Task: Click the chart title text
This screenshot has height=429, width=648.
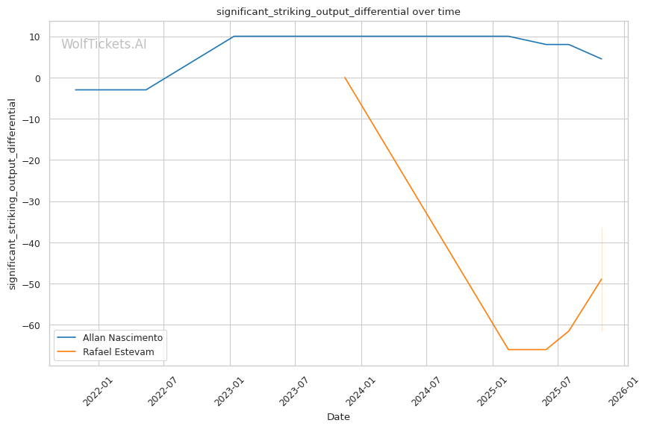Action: [x=338, y=12]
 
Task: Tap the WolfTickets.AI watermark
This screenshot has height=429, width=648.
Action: [x=104, y=45]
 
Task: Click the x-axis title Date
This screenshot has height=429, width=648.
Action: [x=338, y=417]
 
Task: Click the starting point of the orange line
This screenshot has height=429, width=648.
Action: [x=344, y=77]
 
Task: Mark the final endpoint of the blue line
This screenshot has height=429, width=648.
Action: [x=602, y=59]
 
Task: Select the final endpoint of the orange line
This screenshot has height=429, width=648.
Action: [x=602, y=279]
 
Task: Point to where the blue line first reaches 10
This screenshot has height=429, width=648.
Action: [x=234, y=37]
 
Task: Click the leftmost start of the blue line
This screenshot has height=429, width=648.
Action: [x=75, y=90]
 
